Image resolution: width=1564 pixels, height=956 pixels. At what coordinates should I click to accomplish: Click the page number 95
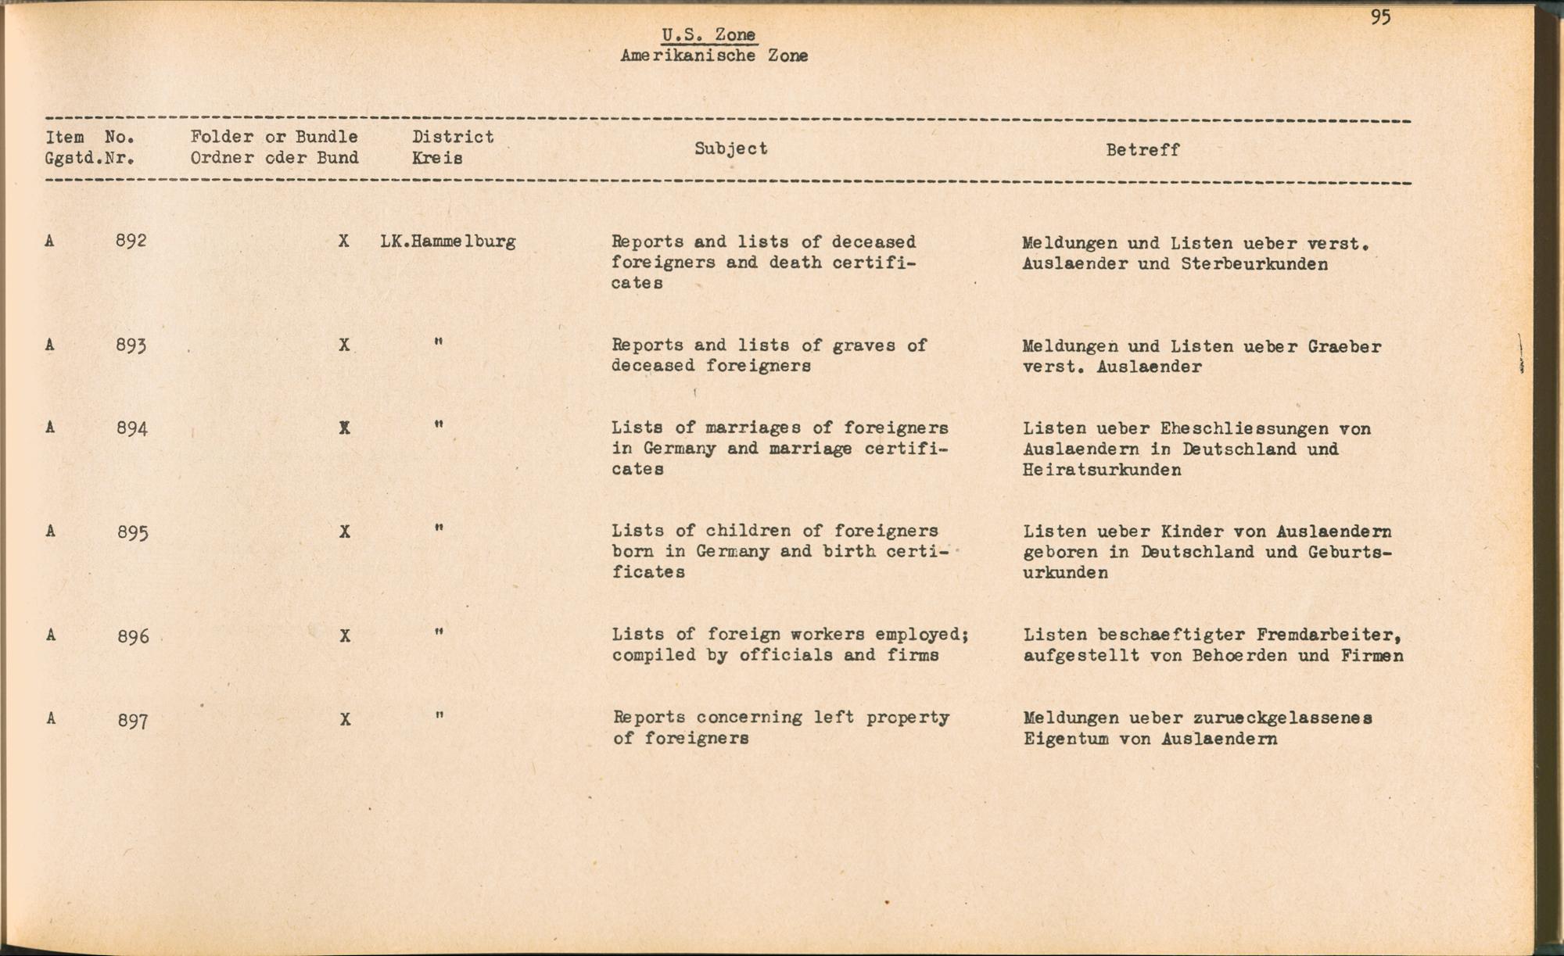pos(1380,17)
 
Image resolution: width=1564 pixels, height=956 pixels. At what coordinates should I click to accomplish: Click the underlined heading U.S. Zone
pos(708,35)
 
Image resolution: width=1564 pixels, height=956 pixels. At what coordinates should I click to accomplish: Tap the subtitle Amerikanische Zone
pos(714,56)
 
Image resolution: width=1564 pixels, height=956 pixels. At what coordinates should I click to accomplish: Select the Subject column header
pos(731,149)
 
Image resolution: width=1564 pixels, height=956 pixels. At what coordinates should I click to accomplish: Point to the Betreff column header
pos(1143,150)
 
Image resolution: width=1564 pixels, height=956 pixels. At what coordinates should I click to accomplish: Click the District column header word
pos(454,137)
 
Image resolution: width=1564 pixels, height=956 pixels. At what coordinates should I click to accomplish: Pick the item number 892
pos(131,241)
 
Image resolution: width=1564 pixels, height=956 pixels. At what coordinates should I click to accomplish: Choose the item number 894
pos(132,428)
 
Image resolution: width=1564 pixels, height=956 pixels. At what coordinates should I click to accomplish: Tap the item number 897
pos(133,720)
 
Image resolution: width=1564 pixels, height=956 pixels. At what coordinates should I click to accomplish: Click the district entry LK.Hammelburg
pos(448,242)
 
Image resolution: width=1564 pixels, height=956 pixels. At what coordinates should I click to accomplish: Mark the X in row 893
pos(344,345)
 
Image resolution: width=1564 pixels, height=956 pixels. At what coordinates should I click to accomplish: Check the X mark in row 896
pos(345,636)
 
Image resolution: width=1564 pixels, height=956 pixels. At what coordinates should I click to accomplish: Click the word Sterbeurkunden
pos(1254,264)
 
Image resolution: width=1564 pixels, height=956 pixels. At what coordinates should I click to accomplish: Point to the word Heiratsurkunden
pos(1102,471)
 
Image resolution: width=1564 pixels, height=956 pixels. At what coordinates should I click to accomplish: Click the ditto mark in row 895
pos(439,529)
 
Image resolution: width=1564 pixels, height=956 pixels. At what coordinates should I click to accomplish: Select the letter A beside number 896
pos(51,635)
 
